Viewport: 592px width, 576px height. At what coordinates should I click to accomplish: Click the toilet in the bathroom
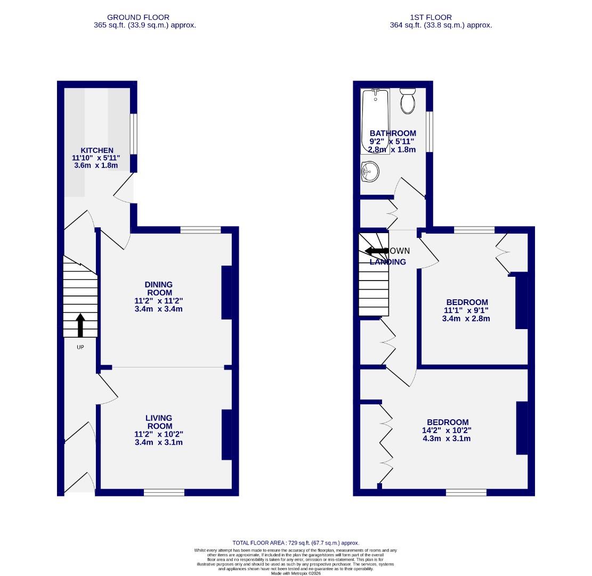coord(408,101)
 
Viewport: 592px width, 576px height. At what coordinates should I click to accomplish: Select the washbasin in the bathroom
coord(369,171)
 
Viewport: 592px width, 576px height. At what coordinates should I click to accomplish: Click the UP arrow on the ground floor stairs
coord(80,325)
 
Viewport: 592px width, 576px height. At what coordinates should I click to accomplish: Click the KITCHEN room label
coord(96,150)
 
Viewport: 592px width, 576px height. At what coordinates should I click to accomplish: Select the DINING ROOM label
coord(159,289)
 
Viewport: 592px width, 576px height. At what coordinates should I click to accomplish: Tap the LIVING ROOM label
coord(159,422)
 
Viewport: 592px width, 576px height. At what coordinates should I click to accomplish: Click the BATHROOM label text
coord(393,133)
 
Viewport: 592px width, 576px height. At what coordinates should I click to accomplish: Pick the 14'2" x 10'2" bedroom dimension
coord(447,430)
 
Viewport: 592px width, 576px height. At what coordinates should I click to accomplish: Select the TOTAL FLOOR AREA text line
coord(296,542)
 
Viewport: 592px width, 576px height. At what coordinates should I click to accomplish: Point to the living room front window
coord(164,492)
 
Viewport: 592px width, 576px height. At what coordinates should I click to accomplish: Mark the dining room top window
coord(200,230)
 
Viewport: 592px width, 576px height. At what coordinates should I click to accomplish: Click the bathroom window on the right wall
coord(429,131)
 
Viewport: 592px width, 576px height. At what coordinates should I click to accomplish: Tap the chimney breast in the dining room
coord(227,292)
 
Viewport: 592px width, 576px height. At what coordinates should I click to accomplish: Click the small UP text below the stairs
coord(80,347)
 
